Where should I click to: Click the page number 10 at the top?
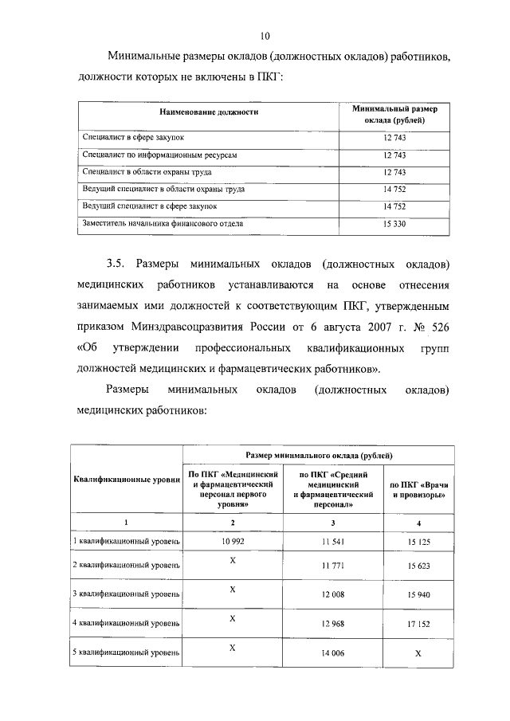pyautogui.click(x=266, y=35)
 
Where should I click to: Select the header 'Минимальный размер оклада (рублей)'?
pyautogui.click(x=395, y=113)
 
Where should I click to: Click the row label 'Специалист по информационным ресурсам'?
pyautogui.click(x=160, y=155)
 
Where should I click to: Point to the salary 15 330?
pyautogui.click(x=395, y=224)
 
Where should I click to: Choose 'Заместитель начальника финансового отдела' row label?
pyautogui.click(x=163, y=224)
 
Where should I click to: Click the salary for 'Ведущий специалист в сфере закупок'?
pyautogui.click(x=395, y=206)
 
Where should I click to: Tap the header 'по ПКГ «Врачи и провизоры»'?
pyautogui.click(x=418, y=489)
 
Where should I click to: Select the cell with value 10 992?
pyautogui.click(x=233, y=541)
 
